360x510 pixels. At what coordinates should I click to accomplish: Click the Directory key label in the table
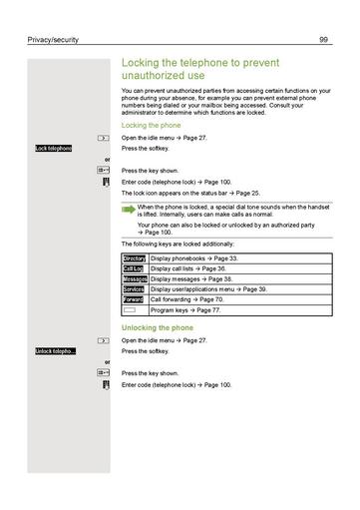tap(134, 258)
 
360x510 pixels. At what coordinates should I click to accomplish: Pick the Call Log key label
tap(134, 269)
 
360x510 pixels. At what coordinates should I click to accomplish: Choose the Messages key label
tap(134, 279)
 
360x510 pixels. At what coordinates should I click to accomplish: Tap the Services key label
tap(134, 289)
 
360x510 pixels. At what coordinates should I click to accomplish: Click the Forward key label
tap(134, 299)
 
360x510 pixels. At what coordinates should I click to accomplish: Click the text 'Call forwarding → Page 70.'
tap(186, 299)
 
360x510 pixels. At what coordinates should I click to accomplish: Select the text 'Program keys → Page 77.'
tap(184, 310)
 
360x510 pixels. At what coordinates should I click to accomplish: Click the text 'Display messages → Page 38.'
tap(188, 279)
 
